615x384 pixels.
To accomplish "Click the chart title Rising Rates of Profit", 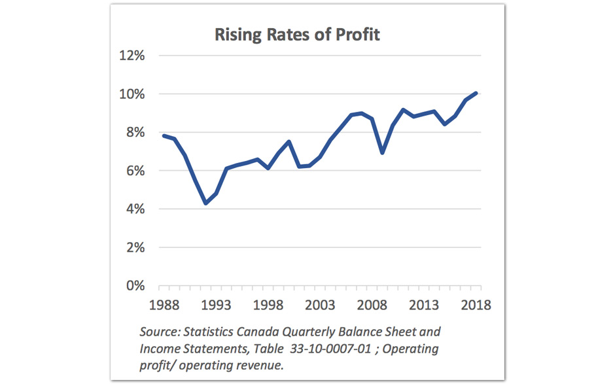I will (297, 34).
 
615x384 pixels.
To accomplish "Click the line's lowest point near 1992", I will (205, 203).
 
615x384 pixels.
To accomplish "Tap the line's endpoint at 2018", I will (477, 93).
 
